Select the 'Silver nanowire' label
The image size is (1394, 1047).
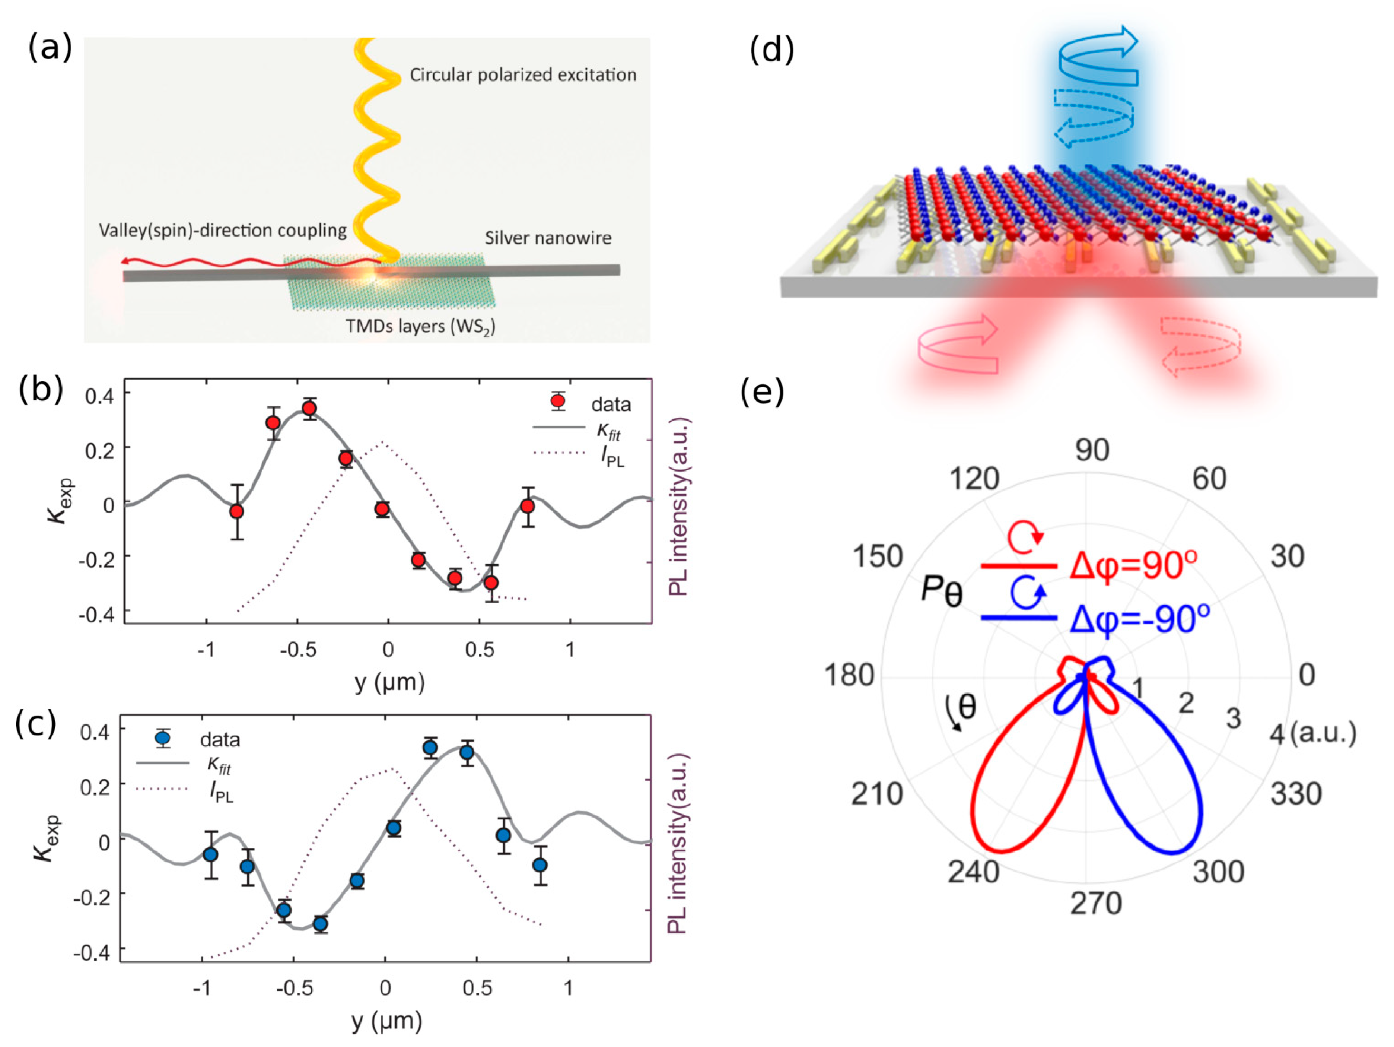(x=548, y=238)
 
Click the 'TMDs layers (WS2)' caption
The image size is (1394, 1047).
(x=420, y=327)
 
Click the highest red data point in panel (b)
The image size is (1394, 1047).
(x=309, y=409)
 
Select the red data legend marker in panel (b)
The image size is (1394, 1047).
(x=557, y=401)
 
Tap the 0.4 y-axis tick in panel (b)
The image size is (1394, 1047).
(x=99, y=396)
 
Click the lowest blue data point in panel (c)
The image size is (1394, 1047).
(x=320, y=924)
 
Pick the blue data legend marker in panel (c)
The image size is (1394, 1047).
(x=163, y=737)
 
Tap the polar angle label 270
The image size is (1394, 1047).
(x=1095, y=904)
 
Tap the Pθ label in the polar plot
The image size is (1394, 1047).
(x=941, y=591)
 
